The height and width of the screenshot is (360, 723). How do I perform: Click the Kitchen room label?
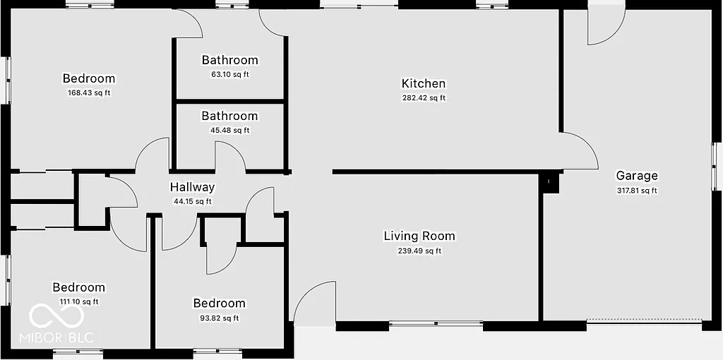[x=424, y=83]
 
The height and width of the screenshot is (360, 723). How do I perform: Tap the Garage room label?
[x=636, y=176]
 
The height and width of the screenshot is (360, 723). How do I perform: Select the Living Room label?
[x=419, y=236]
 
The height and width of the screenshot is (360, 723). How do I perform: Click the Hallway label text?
[x=192, y=187]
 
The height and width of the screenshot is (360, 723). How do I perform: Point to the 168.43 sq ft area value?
[x=88, y=92]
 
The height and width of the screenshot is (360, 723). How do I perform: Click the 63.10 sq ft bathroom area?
[x=229, y=74]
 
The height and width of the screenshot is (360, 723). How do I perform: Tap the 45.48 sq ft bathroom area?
[x=229, y=130]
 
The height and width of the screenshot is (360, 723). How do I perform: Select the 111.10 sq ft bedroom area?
[x=78, y=301]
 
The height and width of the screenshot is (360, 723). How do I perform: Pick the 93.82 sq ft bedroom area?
[x=219, y=318]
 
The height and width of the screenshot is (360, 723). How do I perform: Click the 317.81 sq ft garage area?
[x=636, y=190]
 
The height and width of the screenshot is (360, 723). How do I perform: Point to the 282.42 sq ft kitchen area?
[x=424, y=98]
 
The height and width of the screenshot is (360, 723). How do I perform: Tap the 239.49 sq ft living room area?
[x=419, y=251]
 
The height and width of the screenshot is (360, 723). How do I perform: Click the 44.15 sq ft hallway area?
[x=192, y=201]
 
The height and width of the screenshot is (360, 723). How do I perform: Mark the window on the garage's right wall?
[x=715, y=166]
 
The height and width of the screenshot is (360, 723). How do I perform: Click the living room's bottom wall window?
[x=436, y=325]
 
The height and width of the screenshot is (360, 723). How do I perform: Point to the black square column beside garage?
[x=549, y=182]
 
